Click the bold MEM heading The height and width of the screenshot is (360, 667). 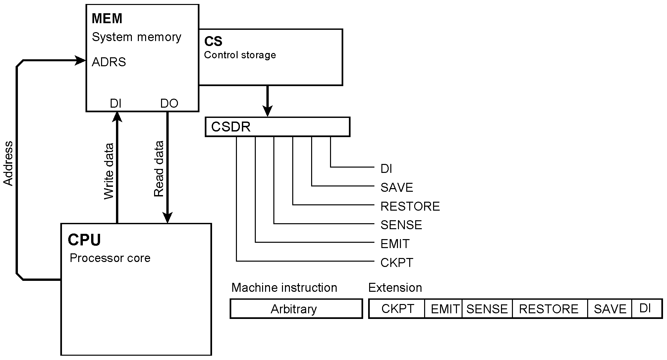click(x=107, y=19)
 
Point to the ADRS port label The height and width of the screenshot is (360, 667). click(x=109, y=62)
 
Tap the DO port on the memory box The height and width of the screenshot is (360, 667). click(x=169, y=104)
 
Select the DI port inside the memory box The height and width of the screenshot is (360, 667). click(x=116, y=104)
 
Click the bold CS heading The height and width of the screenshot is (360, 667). click(x=213, y=41)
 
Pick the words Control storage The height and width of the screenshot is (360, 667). click(x=240, y=55)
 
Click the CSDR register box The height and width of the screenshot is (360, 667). click(x=277, y=127)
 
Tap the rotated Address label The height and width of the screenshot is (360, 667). click(x=8, y=163)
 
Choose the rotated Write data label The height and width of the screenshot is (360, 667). click(x=109, y=171)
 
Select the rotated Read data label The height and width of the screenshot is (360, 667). click(x=159, y=169)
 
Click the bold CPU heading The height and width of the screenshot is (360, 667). click(x=84, y=240)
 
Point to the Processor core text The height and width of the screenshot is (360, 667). click(x=110, y=258)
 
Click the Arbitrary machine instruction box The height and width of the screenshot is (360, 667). click(x=296, y=309)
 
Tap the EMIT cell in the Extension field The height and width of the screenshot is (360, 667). click(x=443, y=309)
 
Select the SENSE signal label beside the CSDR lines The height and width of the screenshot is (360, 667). click(x=401, y=225)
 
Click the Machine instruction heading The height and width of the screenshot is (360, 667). click(x=284, y=287)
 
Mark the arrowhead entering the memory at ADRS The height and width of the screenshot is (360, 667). click(x=81, y=61)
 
